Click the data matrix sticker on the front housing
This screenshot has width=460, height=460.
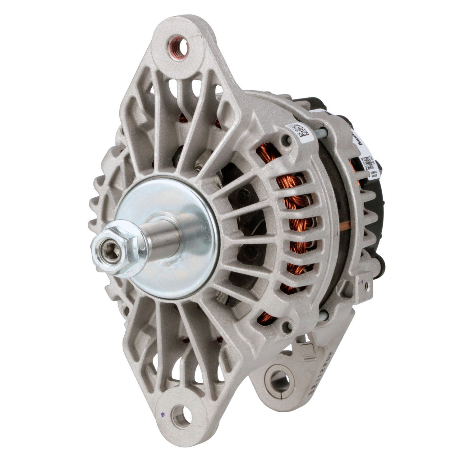pyautogui.click(x=298, y=131)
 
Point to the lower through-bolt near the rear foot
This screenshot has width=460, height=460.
pyautogui.click(x=323, y=315)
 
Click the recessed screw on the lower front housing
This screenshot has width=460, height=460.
pyautogui.click(x=287, y=327)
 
